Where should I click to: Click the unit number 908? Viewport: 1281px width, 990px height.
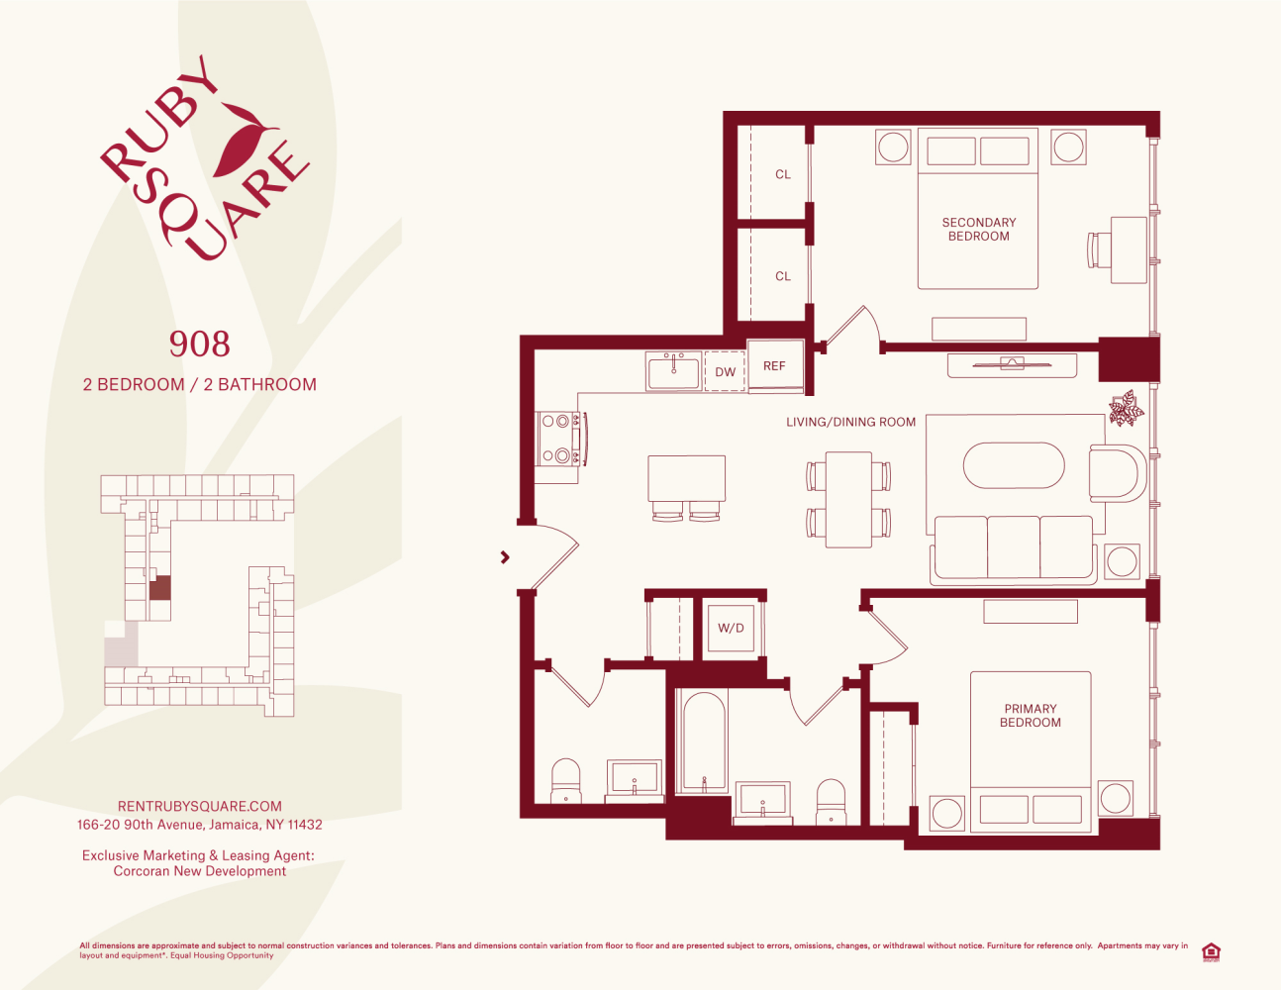pyautogui.click(x=199, y=344)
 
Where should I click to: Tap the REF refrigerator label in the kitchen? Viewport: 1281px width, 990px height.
pyautogui.click(x=774, y=366)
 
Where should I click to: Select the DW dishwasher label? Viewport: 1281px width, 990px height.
pyautogui.click(x=725, y=372)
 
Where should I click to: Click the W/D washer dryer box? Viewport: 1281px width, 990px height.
pyautogui.click(x=731, y=628)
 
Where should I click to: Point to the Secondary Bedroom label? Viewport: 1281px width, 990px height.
pyautogui.click(x=979, y=230)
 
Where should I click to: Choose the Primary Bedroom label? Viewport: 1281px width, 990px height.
pyautogui.click(x=1030, y=716)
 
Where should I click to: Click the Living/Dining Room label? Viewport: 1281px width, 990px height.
pyautogui.click(x=850, y=422)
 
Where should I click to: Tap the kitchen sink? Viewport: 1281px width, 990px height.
pyautogui.click(x=674, y=372)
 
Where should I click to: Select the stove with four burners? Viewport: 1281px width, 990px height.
pyautogui.click(x=560, y=439)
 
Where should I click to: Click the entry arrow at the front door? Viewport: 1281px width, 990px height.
pyautogui.click(x=505, y=556)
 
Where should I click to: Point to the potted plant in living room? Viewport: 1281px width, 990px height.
pyautogui.click(x=1127, y=408)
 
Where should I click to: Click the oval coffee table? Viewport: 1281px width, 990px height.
pyautogui.click(x=1014, y=465)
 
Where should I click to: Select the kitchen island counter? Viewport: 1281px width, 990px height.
pyautogui.click(x=686, y=478)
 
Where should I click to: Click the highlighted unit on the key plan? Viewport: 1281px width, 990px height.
pyautogui.click(x=159, y=588)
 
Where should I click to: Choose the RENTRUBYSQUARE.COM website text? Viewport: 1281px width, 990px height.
pyautogui.click(x=200, y=806)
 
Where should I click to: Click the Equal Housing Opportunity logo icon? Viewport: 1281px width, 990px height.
pyautogui.click(x=1211, y=952)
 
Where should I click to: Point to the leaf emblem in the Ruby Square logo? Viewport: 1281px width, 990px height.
pyautogui.click(x=245, y=139)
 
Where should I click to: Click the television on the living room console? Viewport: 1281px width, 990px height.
pyautogui.click(x=1012, y=363)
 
